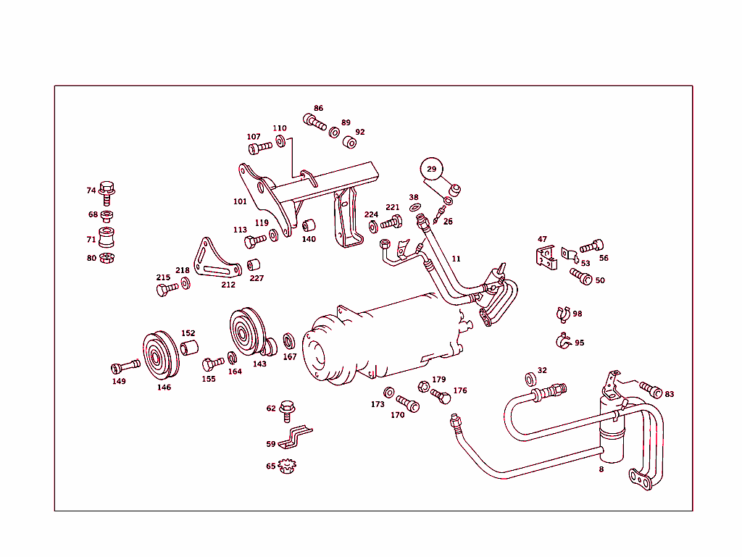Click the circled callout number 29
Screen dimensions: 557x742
click(x=432, y=169)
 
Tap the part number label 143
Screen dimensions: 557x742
click(x=259, y=364)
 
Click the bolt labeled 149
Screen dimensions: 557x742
click(x=126, y=365)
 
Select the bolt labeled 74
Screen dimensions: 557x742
click(x=107, y=190)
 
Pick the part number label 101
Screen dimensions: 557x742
click(x=240, y=201)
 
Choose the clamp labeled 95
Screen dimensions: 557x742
click(x=562, y=340)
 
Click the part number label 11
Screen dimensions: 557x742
click(x=456, y=259)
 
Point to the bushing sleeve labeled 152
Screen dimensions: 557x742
click(x=189, y=347)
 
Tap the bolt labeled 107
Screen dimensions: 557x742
click(x=260, y=148)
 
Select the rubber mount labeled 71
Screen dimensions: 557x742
click(x=107, y=238)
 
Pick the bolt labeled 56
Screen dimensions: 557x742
click(x=593, y=246)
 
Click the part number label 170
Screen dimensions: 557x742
click(x=397, y=415)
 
